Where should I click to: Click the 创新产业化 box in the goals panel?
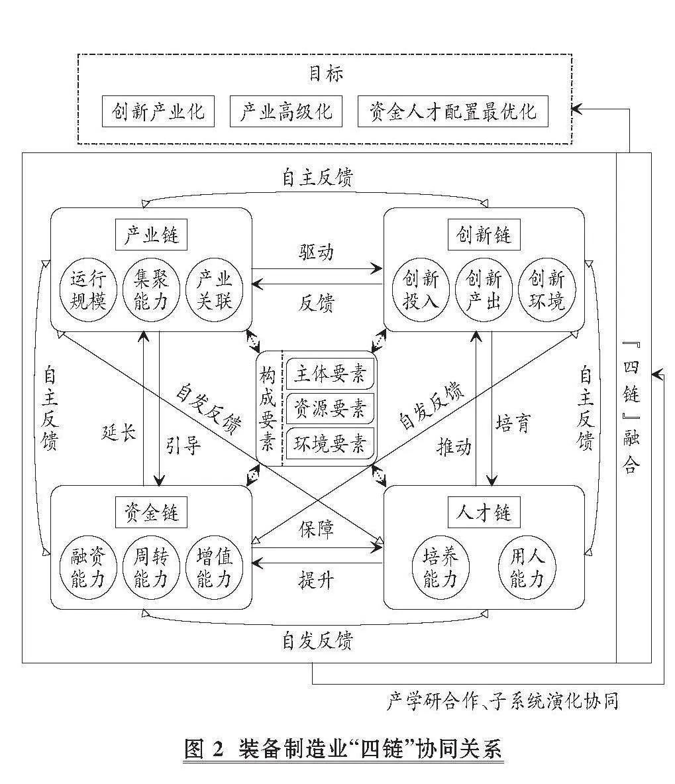pos(158,111)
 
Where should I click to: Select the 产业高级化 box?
pos(286,111)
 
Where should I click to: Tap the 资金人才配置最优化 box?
pos(452,111)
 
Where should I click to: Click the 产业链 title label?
pos(151,235)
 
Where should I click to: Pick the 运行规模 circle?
pos(88,290)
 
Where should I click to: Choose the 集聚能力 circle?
pos(151,290)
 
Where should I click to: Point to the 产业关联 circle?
pos(214,290)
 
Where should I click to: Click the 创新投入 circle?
pos(421,290)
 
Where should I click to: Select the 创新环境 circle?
pos(547,290)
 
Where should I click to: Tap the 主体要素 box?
pos(330,374)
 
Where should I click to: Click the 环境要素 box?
pos(330,443)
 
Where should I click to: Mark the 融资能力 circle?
pos(88,568)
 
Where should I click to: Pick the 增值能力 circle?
pos(214,568)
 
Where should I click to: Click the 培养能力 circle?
pos(441,568)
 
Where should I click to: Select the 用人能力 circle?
pos(527,568)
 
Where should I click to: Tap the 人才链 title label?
pos(484,512)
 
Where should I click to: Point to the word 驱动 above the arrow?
pos(316,252)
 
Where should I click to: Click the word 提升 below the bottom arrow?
pos(316,580)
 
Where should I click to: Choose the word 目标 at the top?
pos(326,74)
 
